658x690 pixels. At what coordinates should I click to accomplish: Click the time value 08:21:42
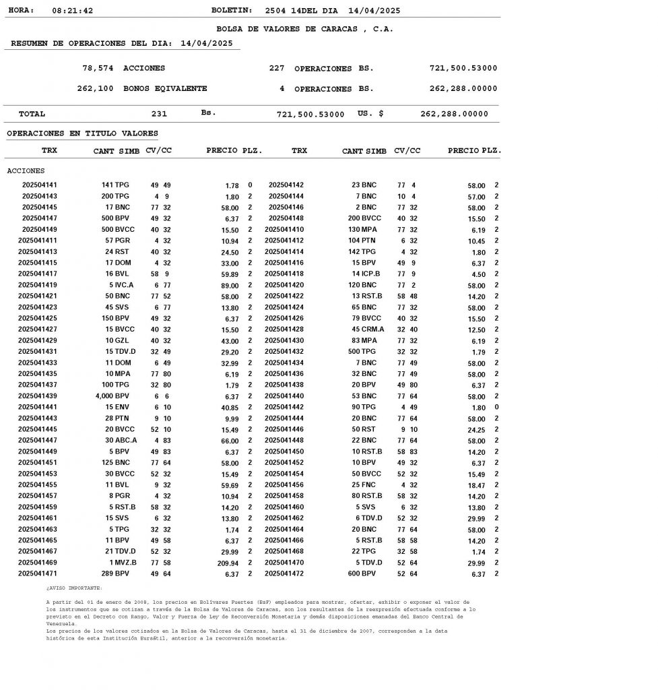[x=72, y=11]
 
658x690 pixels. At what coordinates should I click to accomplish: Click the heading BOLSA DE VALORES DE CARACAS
[x=304, y=29]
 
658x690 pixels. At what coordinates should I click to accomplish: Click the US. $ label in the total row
[x=370, y=114]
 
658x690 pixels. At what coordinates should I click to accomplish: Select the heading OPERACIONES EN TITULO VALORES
[x=82, y=133]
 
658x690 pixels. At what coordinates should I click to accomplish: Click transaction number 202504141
[x=40, y=185]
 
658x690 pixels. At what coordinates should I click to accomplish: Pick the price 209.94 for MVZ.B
[x=229, y=563]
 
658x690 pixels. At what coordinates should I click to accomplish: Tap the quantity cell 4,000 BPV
[x=112, y=396]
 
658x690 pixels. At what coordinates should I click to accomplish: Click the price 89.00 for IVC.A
[x=230, y=285]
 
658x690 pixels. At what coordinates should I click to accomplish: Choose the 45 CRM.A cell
[x=368, y=330]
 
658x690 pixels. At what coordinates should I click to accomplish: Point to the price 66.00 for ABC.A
[x=230, y=441]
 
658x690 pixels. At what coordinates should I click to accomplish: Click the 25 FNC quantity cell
[x=366, y=485]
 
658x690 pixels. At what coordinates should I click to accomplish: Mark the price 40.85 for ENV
[x=230, y=407]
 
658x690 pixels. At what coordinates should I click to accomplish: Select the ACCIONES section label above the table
[x=26, y=171]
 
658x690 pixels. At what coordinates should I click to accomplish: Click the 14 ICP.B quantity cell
[x=366, y=274]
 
